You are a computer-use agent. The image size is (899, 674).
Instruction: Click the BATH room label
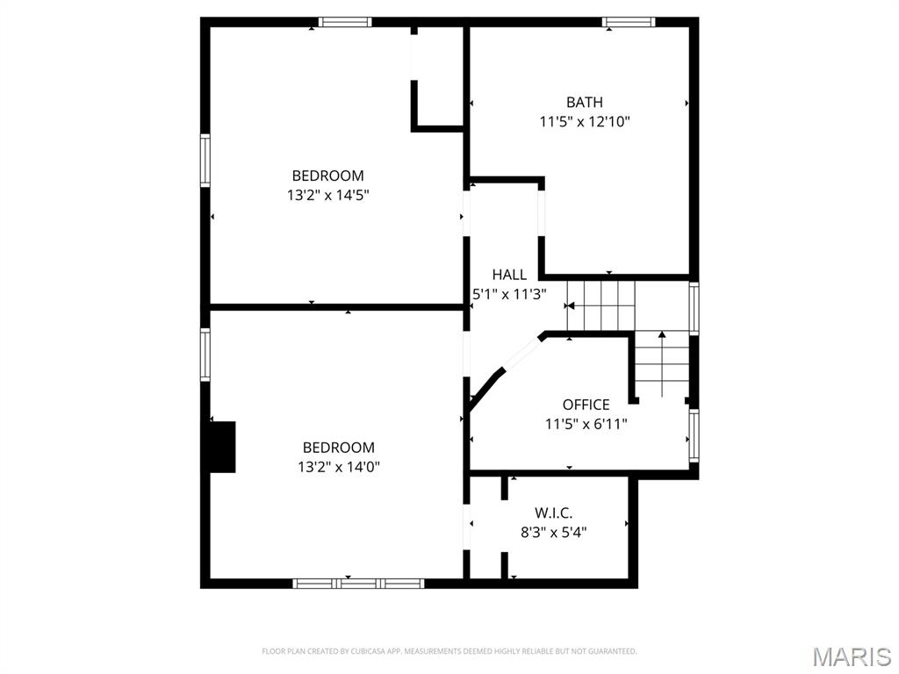584,103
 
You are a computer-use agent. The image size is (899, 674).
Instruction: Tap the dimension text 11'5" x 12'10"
584,122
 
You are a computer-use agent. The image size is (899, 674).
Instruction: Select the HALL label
509,275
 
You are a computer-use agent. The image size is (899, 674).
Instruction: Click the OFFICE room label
586,405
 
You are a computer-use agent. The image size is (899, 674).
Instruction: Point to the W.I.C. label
553,513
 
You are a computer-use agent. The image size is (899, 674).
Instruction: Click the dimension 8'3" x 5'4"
553,532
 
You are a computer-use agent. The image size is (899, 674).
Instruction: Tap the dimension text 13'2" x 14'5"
327,195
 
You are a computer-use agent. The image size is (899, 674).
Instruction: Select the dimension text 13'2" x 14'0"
338,467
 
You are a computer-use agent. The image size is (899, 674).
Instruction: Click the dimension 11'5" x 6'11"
586,424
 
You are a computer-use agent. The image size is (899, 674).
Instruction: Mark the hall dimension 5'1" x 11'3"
509,295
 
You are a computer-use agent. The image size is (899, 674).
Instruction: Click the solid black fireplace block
222,447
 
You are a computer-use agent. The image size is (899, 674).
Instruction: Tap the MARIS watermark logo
851,656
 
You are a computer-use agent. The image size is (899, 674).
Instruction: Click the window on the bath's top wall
628,22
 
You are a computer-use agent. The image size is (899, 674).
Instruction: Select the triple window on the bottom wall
358,583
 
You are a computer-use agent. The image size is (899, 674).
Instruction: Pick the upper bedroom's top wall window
344,22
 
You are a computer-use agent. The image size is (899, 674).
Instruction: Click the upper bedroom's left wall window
205,160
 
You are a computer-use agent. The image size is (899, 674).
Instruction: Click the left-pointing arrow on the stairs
570,305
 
